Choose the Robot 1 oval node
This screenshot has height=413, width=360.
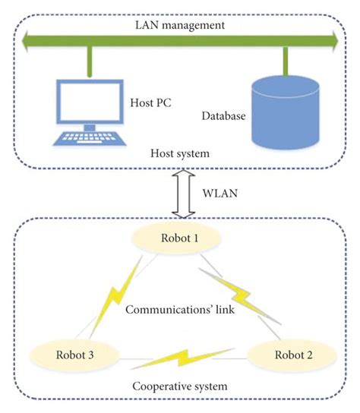pyautogui.click(x=180, y=238)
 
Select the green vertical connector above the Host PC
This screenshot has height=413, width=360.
pyautogui.click(x=90, y=59)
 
